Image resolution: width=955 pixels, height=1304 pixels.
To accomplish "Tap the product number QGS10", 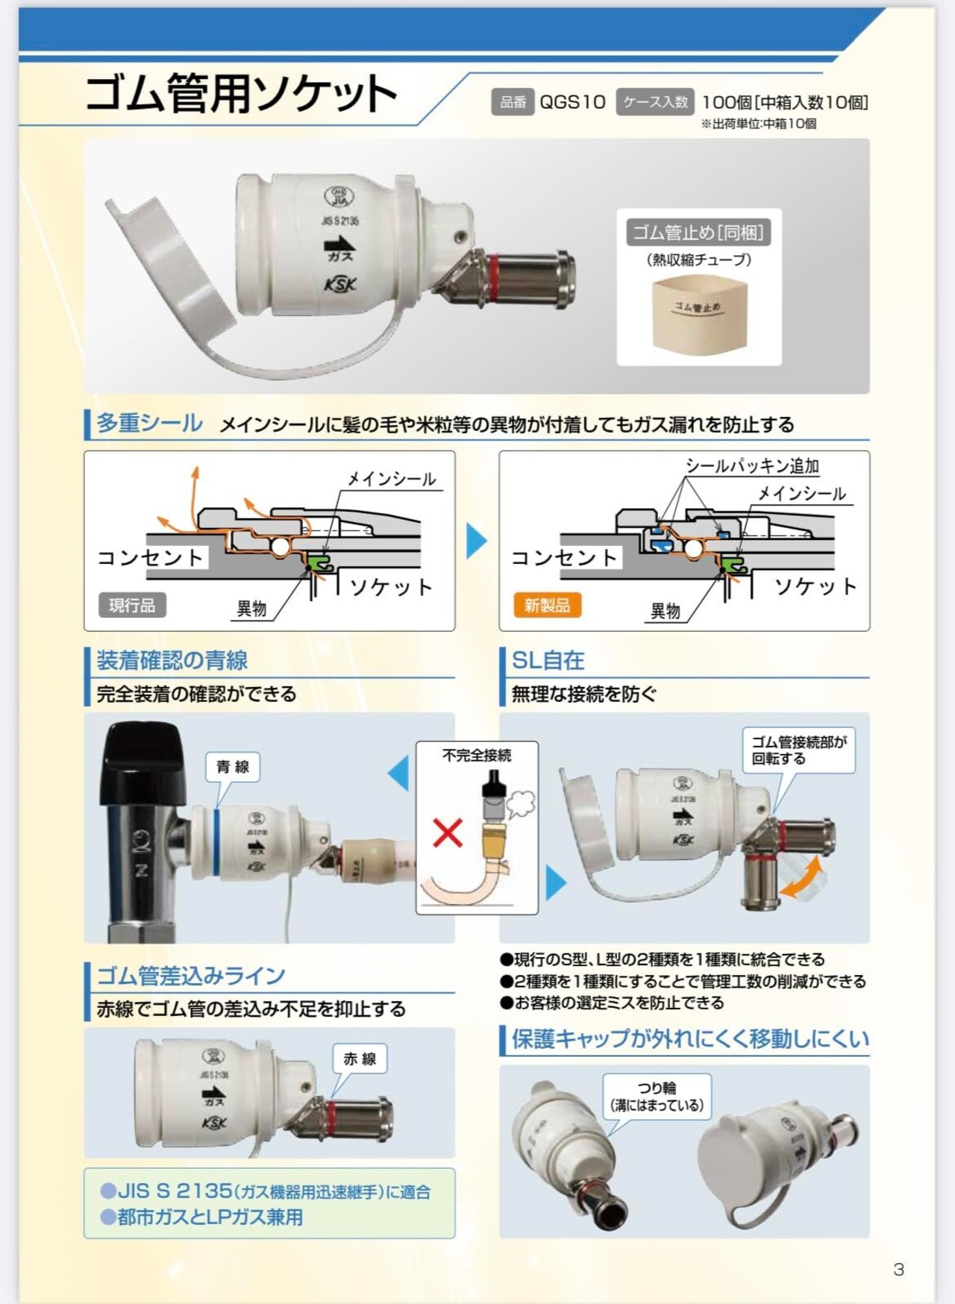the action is (x=572, y=102).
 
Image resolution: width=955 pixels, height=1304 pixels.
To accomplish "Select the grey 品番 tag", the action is (x=513, y=102).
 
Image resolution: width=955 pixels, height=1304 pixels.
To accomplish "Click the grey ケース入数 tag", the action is (x=655, y=102).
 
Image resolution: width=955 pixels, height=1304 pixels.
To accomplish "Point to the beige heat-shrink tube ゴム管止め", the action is (x=699, y=315).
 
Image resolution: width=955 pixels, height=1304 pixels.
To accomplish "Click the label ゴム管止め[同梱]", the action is (x=698, y=233).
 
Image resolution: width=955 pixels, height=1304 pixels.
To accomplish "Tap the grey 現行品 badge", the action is (x=132, y=605).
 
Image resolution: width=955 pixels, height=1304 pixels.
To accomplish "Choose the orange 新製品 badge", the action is (x=547, y=605).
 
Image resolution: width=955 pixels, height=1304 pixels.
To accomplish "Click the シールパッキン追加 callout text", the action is (x=752, y=466).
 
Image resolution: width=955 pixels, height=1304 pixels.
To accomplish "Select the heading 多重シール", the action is (x=149, y=423).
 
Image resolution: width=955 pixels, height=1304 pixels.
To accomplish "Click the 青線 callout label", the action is (x=233, y=767).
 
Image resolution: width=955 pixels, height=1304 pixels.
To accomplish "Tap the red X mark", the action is (x=448, y=833).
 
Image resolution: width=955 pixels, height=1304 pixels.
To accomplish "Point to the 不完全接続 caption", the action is (x=477, y=755).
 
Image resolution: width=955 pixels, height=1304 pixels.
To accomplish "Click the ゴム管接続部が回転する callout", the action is (x=799, y=750).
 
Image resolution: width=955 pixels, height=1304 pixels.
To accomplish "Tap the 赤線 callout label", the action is (x=360, y=1059).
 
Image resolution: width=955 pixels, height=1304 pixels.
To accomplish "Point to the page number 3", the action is (x=898, y=1270).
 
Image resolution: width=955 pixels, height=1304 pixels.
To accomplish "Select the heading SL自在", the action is (x=548, y=660).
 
